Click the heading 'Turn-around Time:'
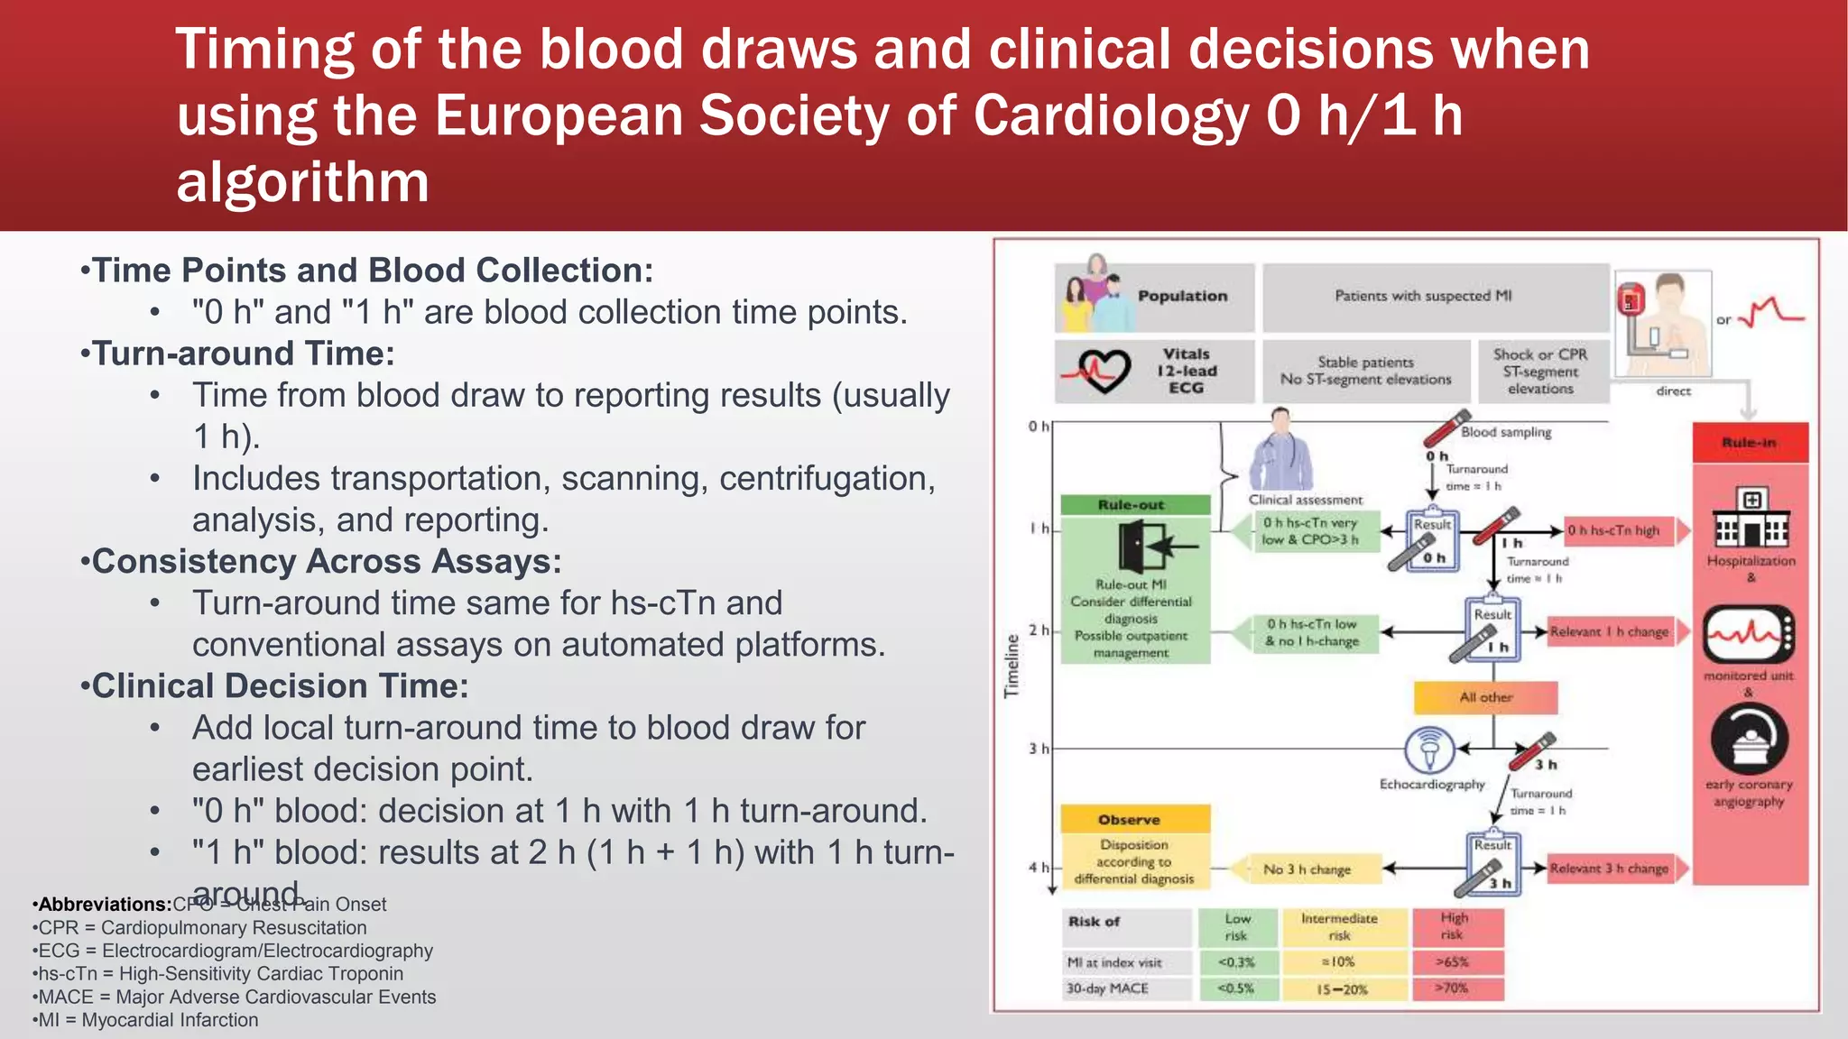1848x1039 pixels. (x=244, y=354)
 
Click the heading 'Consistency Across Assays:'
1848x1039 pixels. (x=327, y=561)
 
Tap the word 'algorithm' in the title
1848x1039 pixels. (x=302, y=181)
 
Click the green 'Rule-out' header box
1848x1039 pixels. (x=1134, y=505)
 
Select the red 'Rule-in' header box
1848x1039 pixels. (x=1750, y=442)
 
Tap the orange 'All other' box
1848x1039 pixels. (x=1485, y=697)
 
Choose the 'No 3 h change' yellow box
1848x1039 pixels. (x=1307, y=869)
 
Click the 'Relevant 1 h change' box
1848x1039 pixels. (x=1610, y=631)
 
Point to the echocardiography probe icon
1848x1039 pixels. (x=1429, y=749)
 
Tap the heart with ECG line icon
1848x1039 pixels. (x=1096, y=370)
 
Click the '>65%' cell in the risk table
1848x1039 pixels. (x=1453, y=961)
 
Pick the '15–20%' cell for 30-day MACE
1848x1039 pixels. (x=1342, y=988)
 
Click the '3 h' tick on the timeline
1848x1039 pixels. (x=1039, y=749)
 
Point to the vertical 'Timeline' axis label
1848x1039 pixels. (x=1012, y=666)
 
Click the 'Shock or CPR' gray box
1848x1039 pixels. (x=1539, y=371)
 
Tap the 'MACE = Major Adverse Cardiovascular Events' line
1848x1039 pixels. (x=237, y=997)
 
